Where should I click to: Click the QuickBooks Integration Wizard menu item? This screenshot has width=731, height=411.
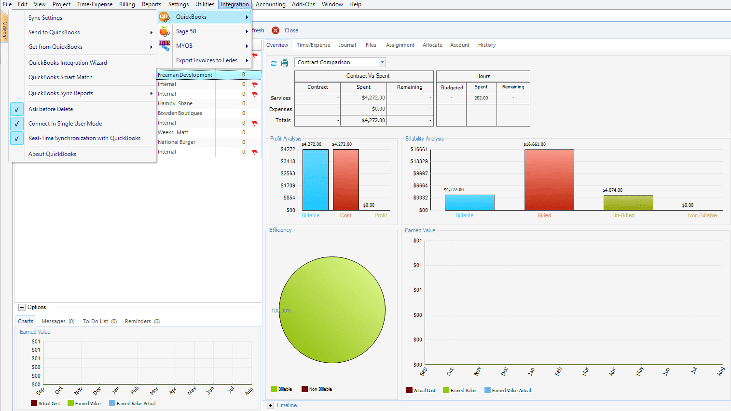tap(68, 63)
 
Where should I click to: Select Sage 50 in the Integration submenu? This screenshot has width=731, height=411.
tap(186, 31)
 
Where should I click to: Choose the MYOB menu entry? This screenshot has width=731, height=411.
tap(184, 46)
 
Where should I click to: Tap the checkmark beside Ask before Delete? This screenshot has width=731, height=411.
tap(16, 109)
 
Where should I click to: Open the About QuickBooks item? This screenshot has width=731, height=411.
tap(52, 154)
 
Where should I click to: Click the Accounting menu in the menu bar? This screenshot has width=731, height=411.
tap(270, 4)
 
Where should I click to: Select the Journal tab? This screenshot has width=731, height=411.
tap(347, 45)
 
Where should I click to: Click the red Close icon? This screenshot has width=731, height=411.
tap(276, 30)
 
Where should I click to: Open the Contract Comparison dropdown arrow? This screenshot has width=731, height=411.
tap(382, 62)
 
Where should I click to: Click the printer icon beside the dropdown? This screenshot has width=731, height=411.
tap(285, 63)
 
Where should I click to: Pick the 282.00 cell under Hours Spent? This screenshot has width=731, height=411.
tap(481, 98)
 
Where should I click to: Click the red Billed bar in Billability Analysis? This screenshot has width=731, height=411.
tap(549, 180)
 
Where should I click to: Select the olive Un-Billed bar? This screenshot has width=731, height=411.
tap(628, 202)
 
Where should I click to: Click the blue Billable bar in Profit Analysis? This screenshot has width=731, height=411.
tap(315, 180)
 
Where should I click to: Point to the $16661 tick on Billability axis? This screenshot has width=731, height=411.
tap(419, 149)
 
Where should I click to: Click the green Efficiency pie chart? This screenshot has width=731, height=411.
tap(332, 310)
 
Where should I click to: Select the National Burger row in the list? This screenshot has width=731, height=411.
tap(177, 142)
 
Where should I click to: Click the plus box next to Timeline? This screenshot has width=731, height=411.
tap(270, 405)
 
